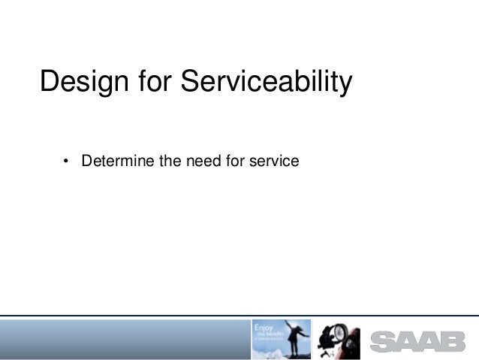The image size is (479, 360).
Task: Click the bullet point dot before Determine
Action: click(67, 162)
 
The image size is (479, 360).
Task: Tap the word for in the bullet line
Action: click(227, 161)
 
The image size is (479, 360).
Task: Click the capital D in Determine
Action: click(86, 161)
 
